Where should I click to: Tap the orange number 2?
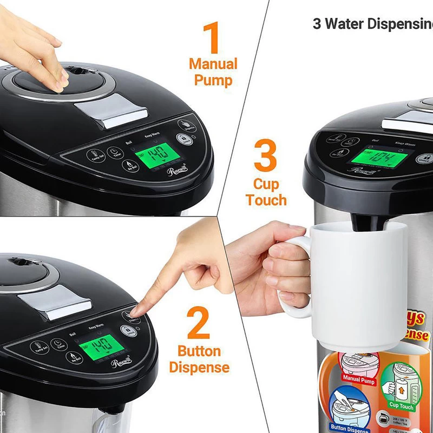pos(199,324)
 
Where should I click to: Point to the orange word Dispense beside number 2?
pos(199,368)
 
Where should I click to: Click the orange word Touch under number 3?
pos(266,200)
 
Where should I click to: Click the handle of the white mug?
pos(295,276)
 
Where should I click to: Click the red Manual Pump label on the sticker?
pos(359,380)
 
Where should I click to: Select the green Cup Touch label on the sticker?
pos(401,405)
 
